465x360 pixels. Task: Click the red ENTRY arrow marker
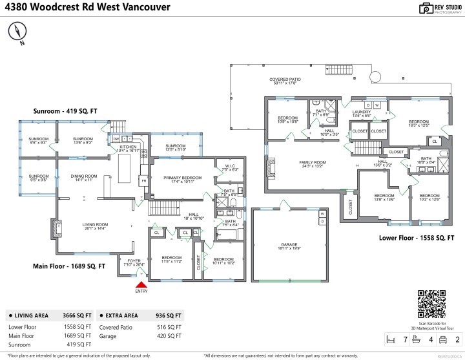tap(141, 282)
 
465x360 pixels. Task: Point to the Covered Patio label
tap(285, 81)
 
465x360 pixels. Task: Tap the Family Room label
tap(312, 163)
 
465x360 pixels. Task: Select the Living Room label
tap(95, 226)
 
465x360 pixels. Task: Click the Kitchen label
tap(129, 148)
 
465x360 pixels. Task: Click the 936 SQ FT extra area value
tap(169, 315)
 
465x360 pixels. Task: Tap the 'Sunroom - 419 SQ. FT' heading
tap(65, 111)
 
